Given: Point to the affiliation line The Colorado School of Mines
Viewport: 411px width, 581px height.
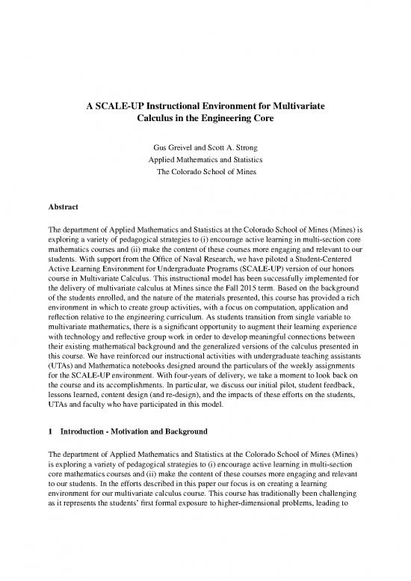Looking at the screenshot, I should tap(205, 173).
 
